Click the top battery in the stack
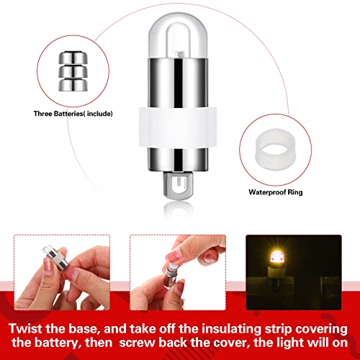pos(73,58)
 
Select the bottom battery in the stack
pos(73,85)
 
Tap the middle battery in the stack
pos(73,71)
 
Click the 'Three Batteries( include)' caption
pos(73,114)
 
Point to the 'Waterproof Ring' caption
pos(276,192)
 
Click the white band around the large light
pos(178,127)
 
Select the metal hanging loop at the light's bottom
pos(178,185)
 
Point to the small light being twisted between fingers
pos(55,258)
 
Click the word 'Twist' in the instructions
pos(25,328)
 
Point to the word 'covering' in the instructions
pos(321,329)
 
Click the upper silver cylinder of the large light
pos(178,83)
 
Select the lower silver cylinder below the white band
pos(178,159)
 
